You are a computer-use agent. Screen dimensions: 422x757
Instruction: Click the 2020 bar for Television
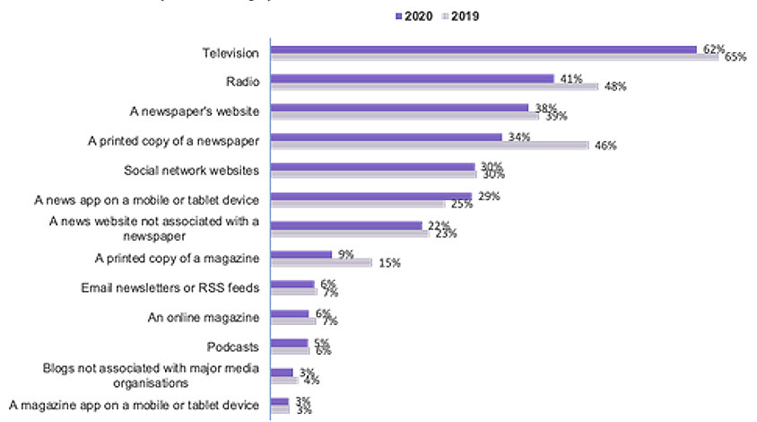click(483, 49)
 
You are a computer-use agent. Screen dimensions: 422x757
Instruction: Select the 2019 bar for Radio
click(434, 86)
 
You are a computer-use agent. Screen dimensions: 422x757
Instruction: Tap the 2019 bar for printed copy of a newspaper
click(430, 145)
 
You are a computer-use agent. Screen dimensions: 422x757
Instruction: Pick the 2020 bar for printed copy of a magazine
click(301, 254)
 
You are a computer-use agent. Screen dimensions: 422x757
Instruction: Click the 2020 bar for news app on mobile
click(371, 196)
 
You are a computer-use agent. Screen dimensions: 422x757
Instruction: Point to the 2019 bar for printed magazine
click(321, 262)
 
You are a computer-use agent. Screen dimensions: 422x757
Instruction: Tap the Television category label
click(231, 53)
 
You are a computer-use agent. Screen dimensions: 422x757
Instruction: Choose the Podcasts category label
click(236, 347)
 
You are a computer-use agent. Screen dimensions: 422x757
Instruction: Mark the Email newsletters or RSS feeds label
click(170, 287)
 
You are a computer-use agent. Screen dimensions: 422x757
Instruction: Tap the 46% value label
click(605, 145)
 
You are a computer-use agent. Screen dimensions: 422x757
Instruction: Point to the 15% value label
click(388, 263)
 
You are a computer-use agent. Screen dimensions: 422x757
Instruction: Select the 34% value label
click(518, 136)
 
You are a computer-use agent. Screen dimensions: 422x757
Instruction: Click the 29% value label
click(489, 196)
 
